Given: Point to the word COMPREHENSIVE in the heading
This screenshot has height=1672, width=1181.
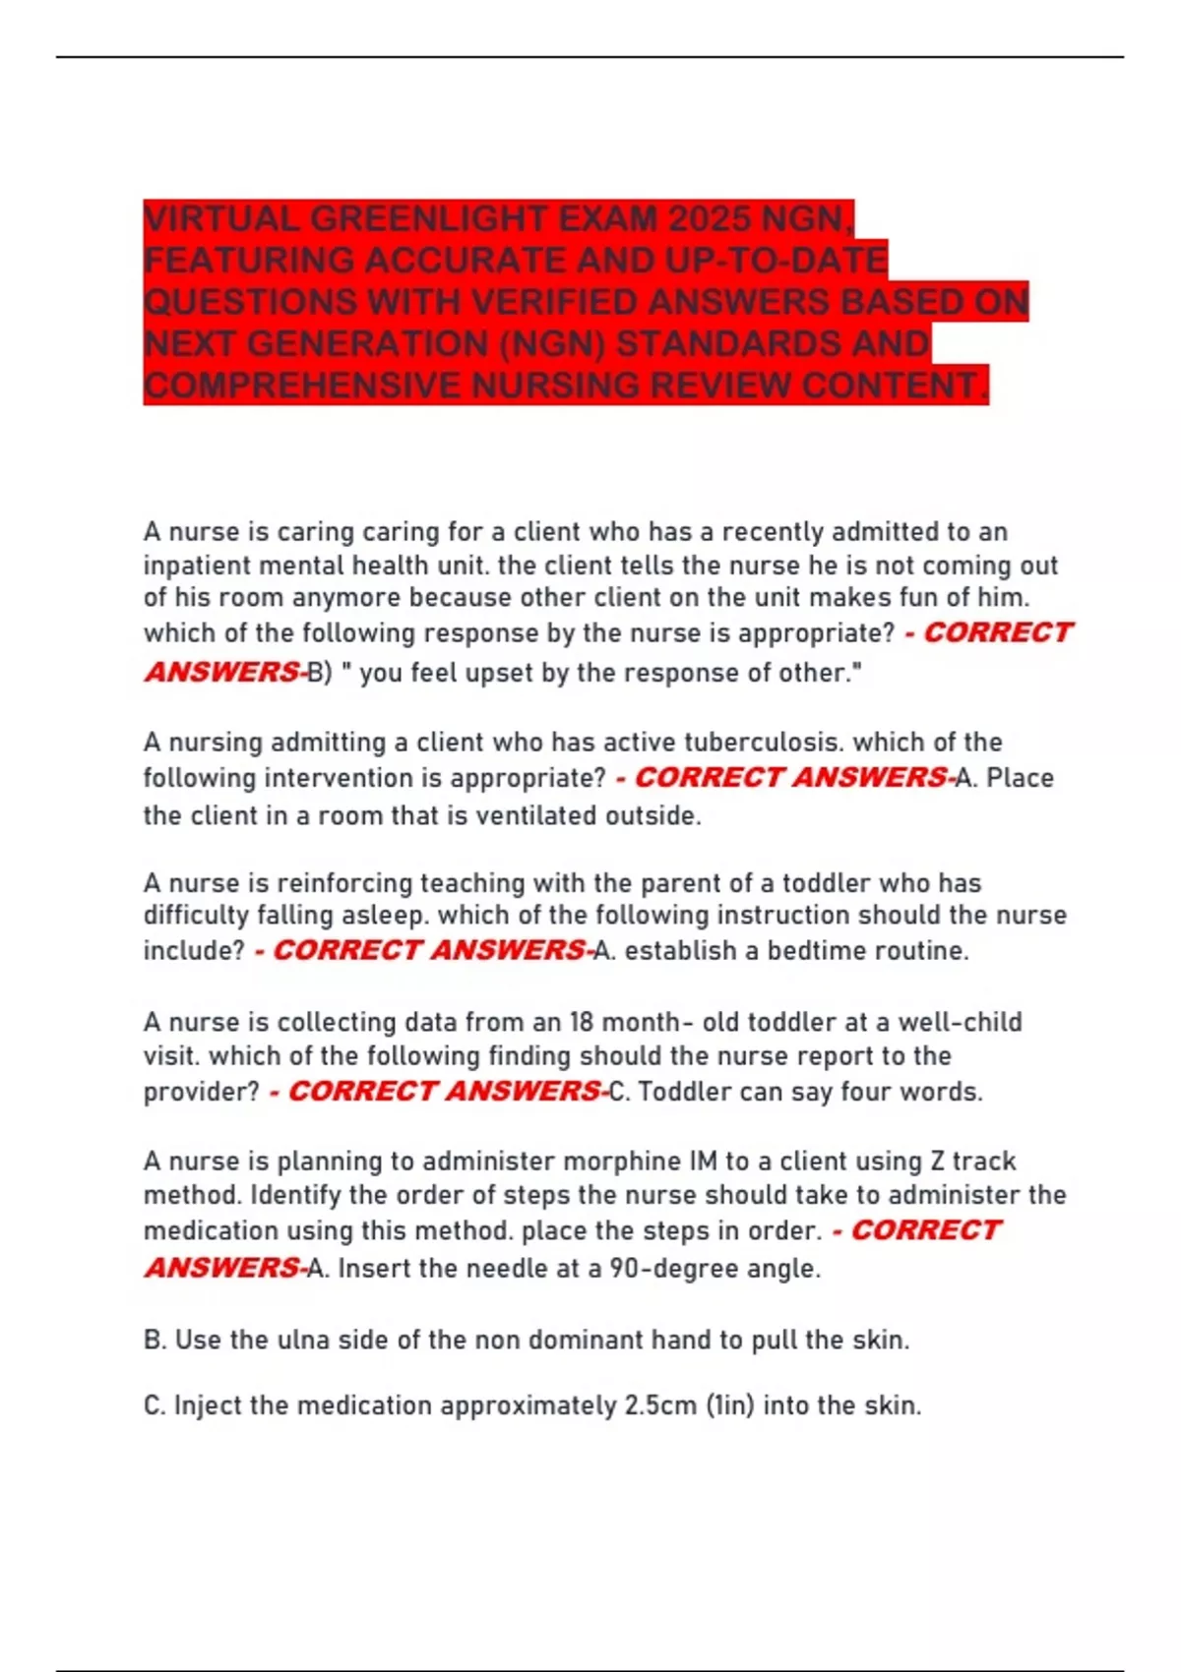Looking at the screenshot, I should pyautogui.click(x=302, y=386).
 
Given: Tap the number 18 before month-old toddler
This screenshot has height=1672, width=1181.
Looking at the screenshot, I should pyautogui.click(x=583, y=1023).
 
